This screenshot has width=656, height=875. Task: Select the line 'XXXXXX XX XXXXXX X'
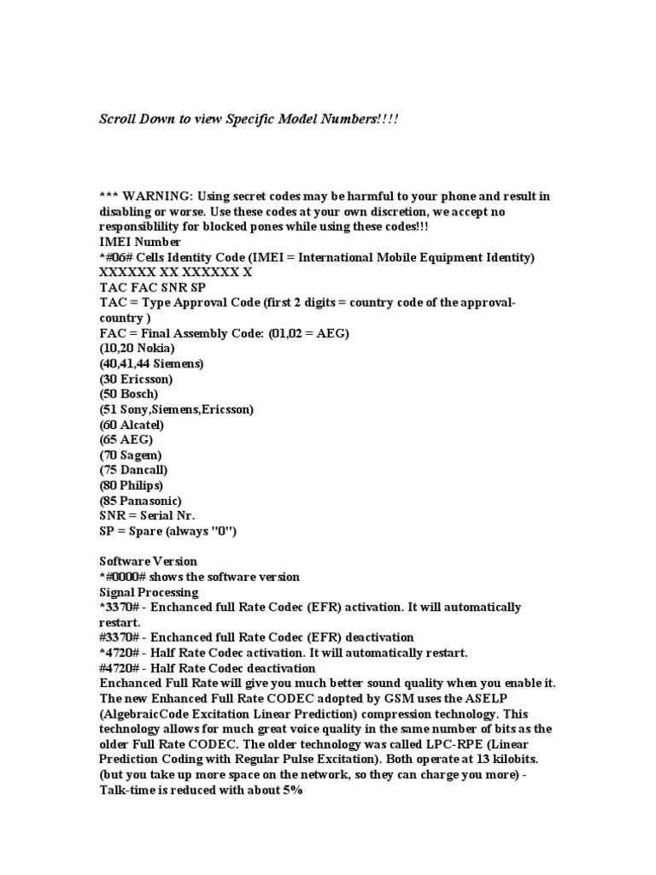[175, 273]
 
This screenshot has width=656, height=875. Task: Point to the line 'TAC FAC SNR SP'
[153, 288]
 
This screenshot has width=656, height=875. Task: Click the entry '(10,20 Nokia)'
[137, 349]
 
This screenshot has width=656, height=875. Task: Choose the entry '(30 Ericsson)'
[136, 379]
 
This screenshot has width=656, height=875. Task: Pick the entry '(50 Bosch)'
[129, 394]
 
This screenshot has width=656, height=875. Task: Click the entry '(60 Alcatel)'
[132, 425]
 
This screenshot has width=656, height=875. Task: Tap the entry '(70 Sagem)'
[131, 455]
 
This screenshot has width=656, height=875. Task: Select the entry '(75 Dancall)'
[134, 470]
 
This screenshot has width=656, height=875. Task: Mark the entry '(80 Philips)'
[132, 485]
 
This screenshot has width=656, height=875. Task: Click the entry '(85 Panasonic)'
[140, 501]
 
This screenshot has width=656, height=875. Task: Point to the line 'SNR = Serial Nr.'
[148, 516]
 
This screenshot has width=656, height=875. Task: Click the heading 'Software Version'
[149, 561]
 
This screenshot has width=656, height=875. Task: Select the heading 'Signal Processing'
[149, 592]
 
